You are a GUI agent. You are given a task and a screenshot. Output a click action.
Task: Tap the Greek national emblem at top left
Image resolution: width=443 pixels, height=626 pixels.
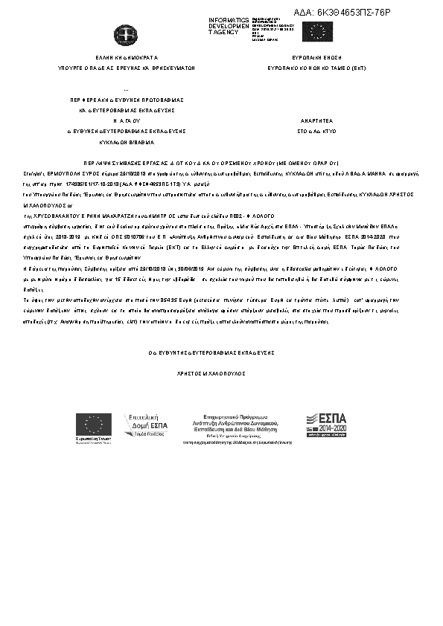[121, 34]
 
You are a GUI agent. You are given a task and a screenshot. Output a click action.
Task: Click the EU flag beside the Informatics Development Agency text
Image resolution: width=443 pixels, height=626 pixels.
[322, 30]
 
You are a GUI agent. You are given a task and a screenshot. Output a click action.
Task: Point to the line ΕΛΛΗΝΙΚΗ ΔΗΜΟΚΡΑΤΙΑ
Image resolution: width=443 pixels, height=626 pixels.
[127, 57]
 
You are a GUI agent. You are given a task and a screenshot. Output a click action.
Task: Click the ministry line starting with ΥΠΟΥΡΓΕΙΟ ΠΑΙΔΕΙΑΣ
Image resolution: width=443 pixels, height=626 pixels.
[127, 67]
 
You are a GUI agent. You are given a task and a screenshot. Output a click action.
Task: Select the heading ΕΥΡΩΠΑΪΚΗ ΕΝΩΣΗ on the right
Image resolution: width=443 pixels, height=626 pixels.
[316, 57]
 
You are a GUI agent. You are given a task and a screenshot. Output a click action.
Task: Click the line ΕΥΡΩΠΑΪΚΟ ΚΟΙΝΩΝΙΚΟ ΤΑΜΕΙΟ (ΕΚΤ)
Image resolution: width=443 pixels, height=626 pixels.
[316, 67]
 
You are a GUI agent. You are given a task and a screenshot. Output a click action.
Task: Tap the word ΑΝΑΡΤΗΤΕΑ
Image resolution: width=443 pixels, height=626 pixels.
[310, 119]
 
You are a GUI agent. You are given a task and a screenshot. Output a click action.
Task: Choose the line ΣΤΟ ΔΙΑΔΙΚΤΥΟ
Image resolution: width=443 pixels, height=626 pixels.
[310, 130]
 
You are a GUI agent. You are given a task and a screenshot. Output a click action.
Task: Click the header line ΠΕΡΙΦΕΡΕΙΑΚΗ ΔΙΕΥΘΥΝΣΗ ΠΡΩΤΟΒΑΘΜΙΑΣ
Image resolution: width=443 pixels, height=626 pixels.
[127, 99]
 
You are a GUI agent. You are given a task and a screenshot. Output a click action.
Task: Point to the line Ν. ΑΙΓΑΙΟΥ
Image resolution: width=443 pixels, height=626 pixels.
[127, 119]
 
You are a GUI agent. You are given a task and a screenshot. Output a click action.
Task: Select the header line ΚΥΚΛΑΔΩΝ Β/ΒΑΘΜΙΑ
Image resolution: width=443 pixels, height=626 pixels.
[127, 141]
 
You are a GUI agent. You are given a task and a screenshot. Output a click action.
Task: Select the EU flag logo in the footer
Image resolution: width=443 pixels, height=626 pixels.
[93, 426]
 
